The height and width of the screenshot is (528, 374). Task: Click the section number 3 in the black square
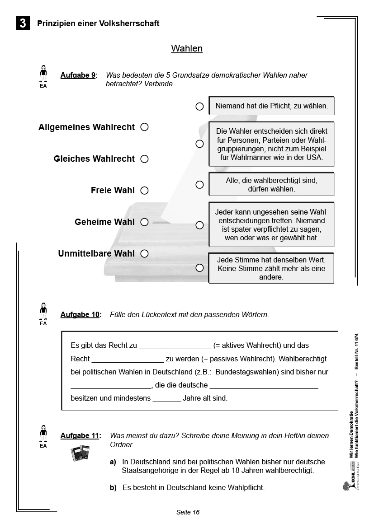[23, 23]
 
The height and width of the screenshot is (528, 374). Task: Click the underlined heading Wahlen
[187, 48]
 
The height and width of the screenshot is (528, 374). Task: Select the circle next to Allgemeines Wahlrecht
[144, 127]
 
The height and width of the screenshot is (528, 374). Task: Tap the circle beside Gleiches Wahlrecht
[144, 159]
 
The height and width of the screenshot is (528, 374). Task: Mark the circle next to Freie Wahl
[144, 191]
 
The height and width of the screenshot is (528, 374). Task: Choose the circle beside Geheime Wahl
[144, 222]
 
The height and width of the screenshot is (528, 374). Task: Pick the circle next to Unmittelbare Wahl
[144, 254]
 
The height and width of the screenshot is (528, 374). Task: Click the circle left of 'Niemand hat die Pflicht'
[199, 107]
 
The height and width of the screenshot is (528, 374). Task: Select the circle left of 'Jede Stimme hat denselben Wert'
[199, 268]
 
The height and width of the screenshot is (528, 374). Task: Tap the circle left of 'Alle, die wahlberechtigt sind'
[199, 185]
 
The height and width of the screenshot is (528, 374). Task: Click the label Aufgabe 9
[78, 75]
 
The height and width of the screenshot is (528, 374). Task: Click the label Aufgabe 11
[80, 436]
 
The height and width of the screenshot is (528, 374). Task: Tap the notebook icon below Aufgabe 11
[80, 453]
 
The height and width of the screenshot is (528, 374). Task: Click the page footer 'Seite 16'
[188, 512]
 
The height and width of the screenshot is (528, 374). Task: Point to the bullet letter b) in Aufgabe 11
[113, 488]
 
